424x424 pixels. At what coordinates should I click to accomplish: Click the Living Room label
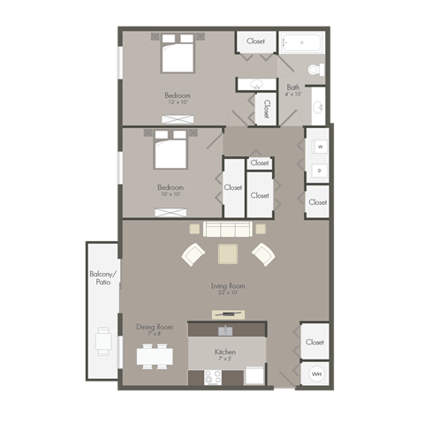coord(228,285)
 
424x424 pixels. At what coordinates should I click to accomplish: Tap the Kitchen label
coord(225,352)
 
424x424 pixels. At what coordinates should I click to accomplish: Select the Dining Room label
coord(155,327)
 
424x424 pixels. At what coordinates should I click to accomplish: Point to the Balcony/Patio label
coord(102,279)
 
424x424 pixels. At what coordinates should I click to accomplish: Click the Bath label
coord(292,87)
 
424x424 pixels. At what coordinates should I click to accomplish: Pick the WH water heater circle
coord(315,374)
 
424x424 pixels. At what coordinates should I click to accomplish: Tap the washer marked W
coord(318,146)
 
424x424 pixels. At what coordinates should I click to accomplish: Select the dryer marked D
coord(318,170)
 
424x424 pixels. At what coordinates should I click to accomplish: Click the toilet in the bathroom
coord(315,70)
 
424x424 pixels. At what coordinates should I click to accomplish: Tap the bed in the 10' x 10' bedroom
coord(171,150)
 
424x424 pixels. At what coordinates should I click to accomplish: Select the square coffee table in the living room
coord(228,254)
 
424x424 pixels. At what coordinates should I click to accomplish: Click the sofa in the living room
coord(229,230)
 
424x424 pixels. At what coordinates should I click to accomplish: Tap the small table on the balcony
coord(104,341)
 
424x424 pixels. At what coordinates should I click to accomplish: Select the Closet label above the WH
coord(314,342)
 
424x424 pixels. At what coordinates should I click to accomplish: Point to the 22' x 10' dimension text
coord(228,293)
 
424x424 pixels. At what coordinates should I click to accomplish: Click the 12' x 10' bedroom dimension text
coord(178,102)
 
